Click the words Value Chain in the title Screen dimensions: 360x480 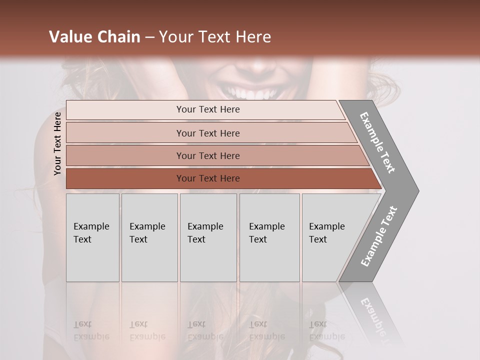pos(94,37)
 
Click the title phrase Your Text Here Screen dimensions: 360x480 pos(215,37)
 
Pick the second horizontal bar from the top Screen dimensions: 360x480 pos(208,133)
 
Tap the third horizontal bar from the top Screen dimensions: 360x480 pos(208,155)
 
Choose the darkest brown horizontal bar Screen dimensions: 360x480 pos(208,178)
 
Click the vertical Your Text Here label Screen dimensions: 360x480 pos(57,143)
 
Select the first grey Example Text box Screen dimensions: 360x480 pos(92,237)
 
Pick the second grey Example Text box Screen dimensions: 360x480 pos(149,237)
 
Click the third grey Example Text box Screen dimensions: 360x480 pos(208,237)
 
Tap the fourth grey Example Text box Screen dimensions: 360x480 pos(269,237)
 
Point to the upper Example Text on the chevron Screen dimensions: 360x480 pos(377,142)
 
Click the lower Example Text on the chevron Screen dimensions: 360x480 pos(379,236)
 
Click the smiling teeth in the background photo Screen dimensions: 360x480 pos(252,93)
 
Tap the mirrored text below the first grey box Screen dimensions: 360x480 pos(91,330)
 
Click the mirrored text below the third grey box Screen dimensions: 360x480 pos(205,330)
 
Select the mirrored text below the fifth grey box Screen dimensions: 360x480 pos(327,330)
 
